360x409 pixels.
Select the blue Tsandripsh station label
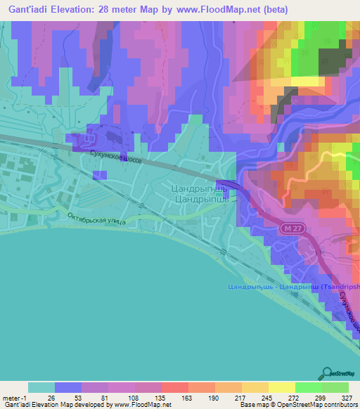(x=293, y=287)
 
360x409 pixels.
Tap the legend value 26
(x=50, y=397)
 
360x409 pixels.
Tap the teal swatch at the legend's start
(x=41, y=387)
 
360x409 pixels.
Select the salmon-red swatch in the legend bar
(x=174, y=387)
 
